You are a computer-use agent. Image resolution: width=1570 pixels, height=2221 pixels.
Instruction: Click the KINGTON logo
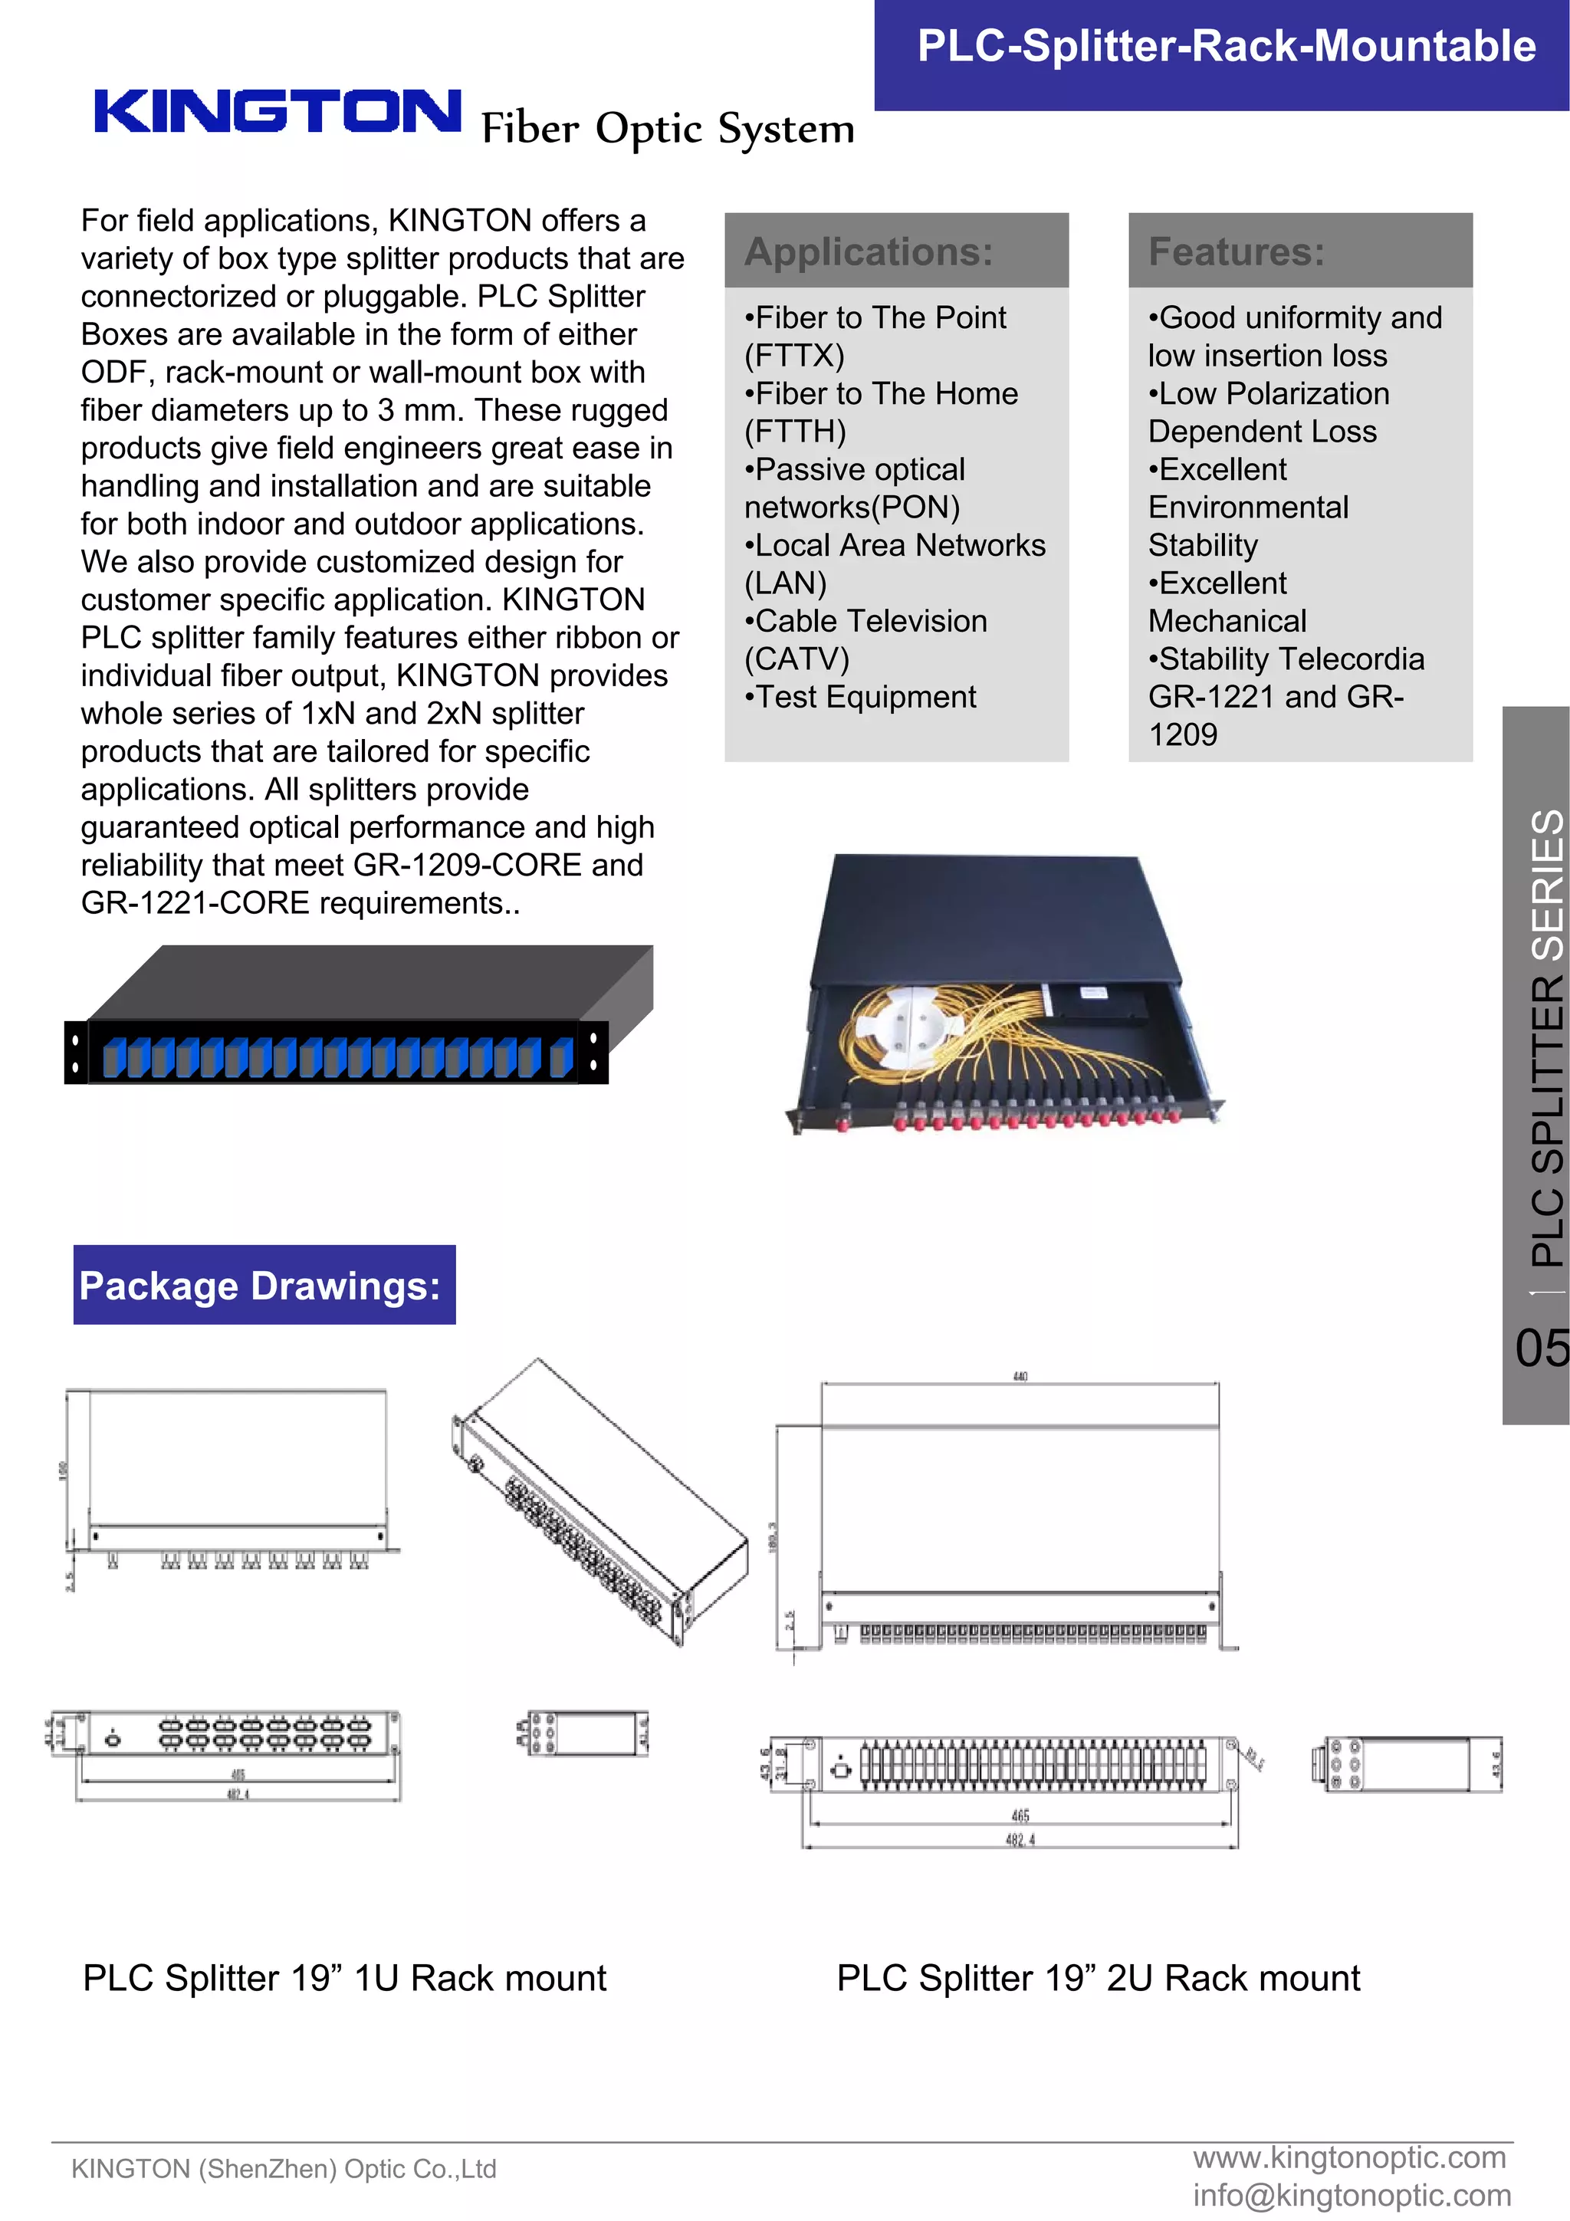(x=278, y=111)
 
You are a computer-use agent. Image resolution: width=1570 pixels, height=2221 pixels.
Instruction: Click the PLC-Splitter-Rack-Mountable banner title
(x=1226, y=47)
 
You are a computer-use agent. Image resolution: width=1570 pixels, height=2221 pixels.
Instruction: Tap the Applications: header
(x=868, y=251)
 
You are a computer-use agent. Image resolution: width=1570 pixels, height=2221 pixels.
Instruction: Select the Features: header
(x=1235, y=251)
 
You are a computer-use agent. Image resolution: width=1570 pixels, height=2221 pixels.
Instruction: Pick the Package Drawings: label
(x=260, y=1286)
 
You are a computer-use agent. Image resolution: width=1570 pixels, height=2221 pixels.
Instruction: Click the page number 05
(x=1541, y=1348)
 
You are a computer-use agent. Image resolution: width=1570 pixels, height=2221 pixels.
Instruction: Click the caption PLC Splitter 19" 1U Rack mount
(x=344, y=1978)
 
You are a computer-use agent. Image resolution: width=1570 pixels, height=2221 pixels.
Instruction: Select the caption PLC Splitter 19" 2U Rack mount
(x=1098, y=1978)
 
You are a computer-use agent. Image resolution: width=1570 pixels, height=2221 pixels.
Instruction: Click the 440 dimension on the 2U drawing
(x=1020, y=1376)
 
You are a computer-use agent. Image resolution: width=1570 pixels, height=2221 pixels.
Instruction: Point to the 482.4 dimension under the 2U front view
(x=1020, y=1840)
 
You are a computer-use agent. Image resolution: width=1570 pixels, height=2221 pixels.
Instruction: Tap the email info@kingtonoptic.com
(x=1352, y=2196)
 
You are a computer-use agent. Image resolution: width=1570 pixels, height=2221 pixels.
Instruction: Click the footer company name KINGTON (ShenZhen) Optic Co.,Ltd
(x=284, y=2169)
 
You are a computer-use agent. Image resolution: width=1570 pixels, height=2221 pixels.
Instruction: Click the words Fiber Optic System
(x=668, y=129)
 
